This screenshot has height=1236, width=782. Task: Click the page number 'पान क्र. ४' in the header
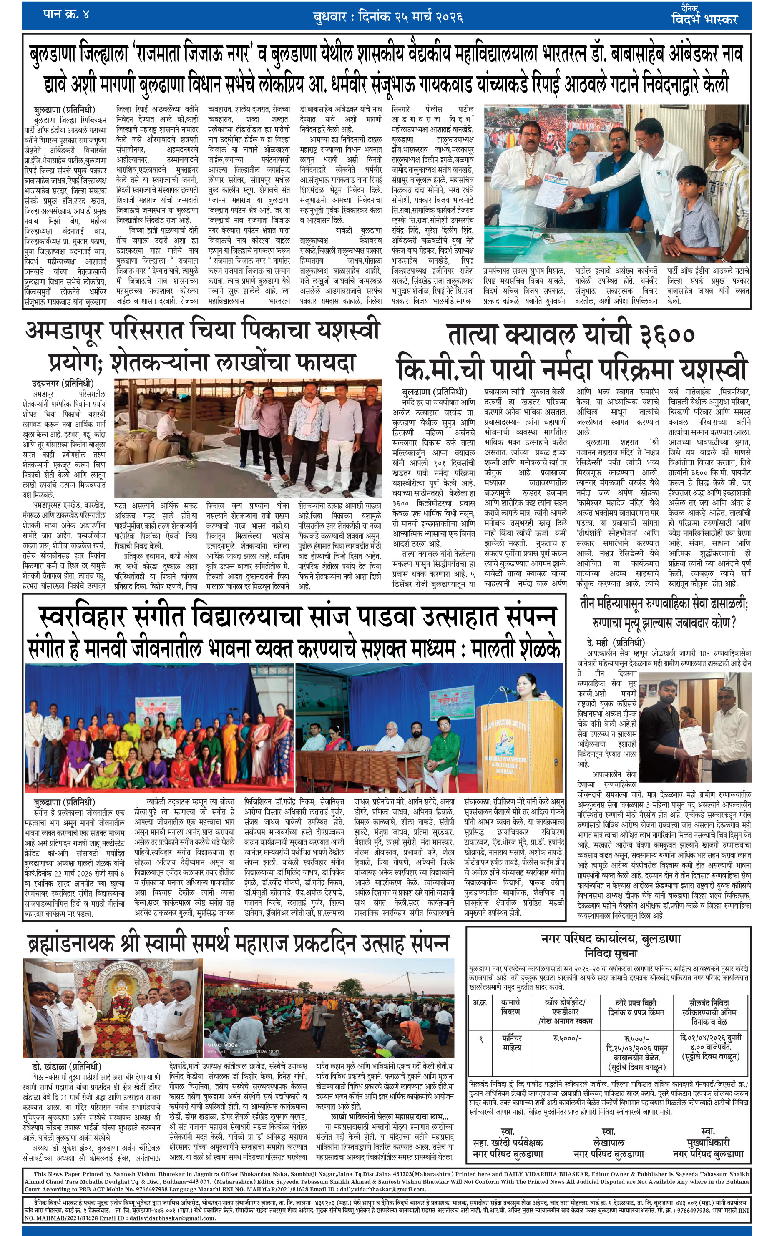coord(66,14)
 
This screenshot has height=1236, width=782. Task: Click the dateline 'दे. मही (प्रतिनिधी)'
coord(615,643)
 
